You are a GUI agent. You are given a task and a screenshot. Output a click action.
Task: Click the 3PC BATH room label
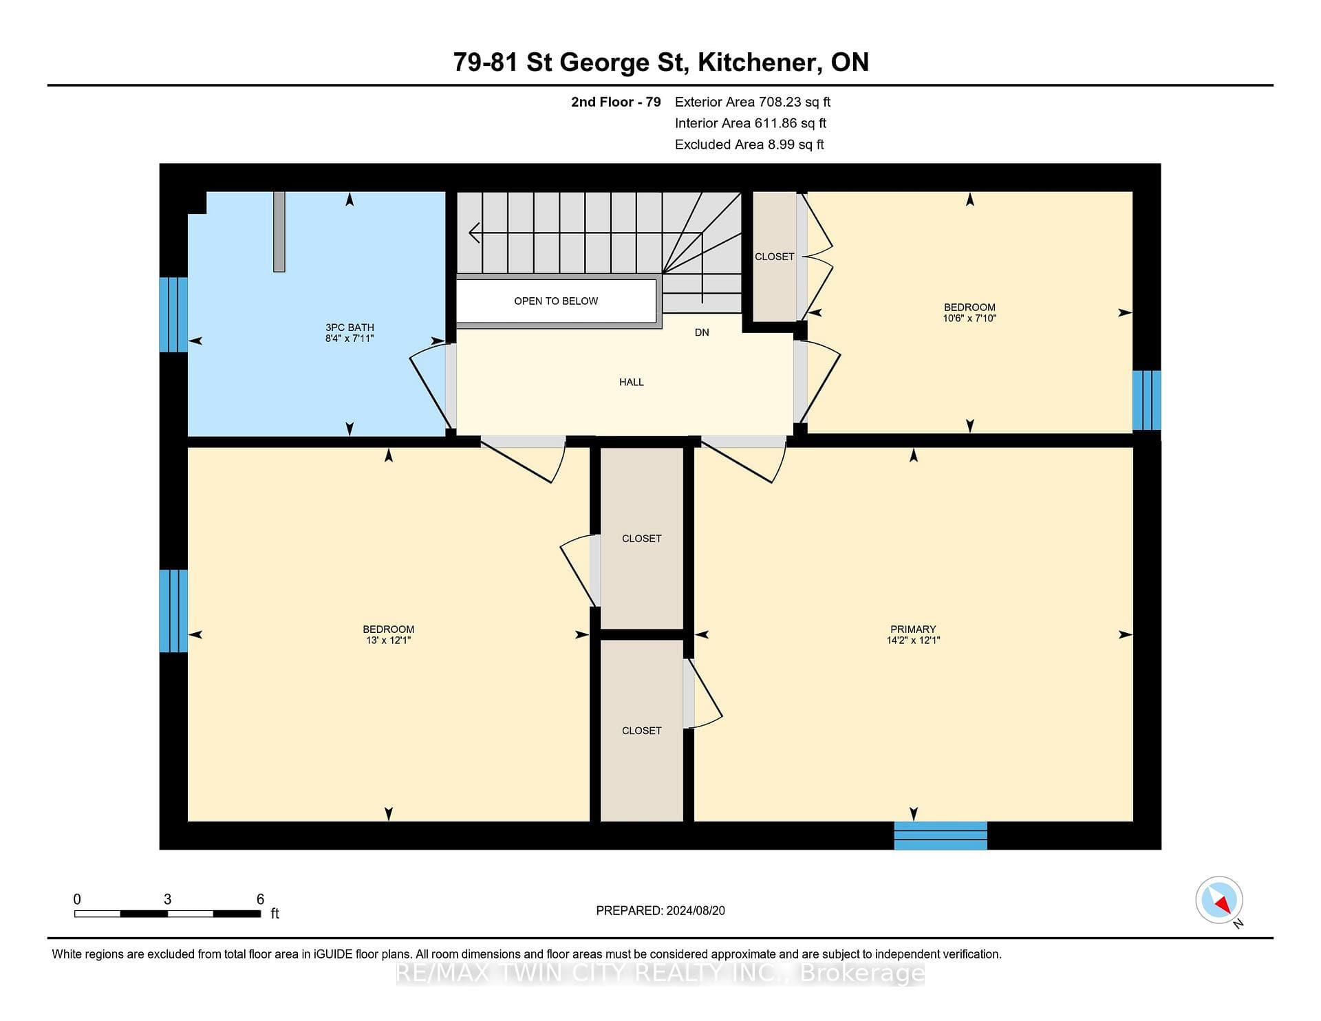pos(350,327)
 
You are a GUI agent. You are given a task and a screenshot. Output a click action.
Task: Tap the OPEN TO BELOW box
pos(556,301)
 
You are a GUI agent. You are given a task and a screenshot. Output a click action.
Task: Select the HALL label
pos(632,383)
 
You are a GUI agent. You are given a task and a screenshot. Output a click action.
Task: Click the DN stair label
pos(702,332)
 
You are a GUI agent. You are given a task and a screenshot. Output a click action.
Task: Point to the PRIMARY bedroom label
pos(913,630)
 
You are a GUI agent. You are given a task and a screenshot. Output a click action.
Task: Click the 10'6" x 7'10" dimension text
pos(969,319)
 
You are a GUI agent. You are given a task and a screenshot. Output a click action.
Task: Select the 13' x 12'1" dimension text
pos(389,641)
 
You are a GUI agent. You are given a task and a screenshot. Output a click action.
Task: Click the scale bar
pos(168,914)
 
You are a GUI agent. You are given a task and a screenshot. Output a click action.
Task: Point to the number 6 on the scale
pos(260,899)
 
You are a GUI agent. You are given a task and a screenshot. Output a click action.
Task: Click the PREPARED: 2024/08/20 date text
pos(660,911)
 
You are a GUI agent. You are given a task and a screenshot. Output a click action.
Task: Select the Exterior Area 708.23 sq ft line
pos(753,102)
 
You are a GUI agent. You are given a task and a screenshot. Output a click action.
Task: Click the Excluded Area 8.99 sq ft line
pos(749,144)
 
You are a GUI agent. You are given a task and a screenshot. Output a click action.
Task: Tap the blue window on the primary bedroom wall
pos(941,835)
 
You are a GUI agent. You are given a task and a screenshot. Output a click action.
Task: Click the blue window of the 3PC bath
pos(173,314)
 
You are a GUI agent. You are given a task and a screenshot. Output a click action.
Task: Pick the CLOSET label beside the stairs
pos(775,257)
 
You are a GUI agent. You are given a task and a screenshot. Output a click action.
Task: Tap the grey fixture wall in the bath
pos(279,231)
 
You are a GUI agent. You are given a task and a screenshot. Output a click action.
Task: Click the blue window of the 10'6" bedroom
pos(1147,400)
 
